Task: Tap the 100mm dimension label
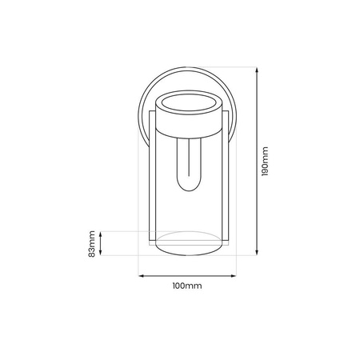pyautogui.click(x=187, y=286)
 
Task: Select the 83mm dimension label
pyautogui.click(x=92, y=244)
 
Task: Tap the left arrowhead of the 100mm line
pyautogui.click(x=142, y=275)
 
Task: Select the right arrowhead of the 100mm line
pyautogui.click(x=233, y=275)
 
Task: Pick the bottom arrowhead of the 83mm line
pyautogui.click(x=102, y=254)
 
